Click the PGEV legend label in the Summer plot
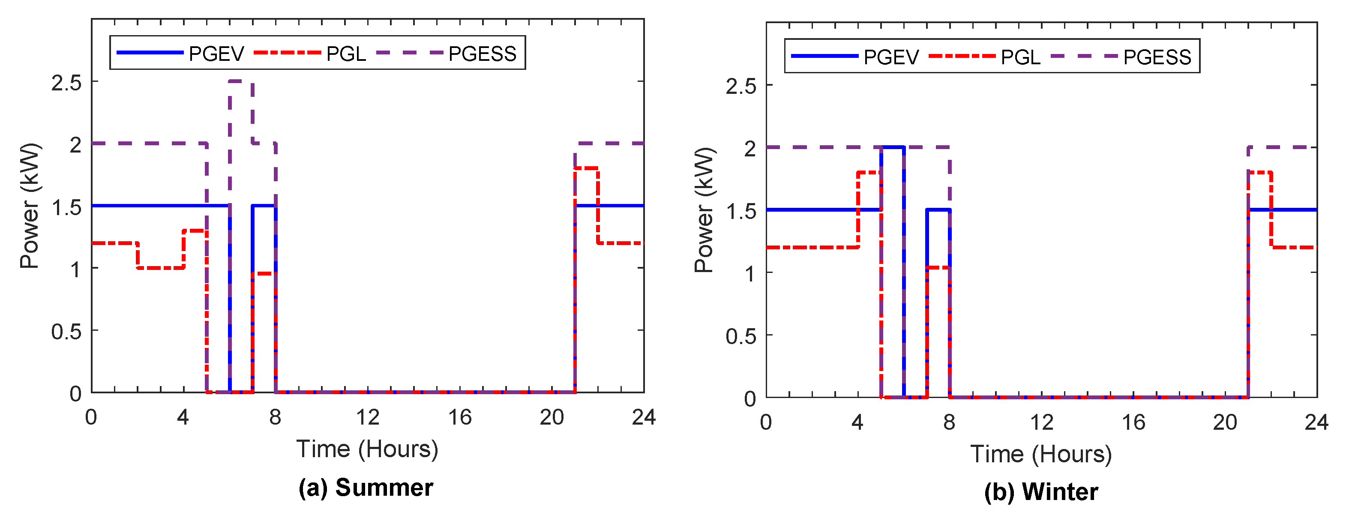216,54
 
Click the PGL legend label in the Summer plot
346,54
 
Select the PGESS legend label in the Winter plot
1157,57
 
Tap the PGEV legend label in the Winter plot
891,57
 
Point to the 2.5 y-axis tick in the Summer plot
66,83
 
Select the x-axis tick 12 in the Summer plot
367,418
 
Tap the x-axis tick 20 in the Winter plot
1224,422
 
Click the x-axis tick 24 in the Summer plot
644,418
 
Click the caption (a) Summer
366,488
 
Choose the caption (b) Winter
1040,492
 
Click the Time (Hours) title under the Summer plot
367,449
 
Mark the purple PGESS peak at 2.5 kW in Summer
241,81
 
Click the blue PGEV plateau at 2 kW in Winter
892,147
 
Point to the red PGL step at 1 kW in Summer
160,268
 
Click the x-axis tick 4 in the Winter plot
857,422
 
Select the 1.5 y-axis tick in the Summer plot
66,207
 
